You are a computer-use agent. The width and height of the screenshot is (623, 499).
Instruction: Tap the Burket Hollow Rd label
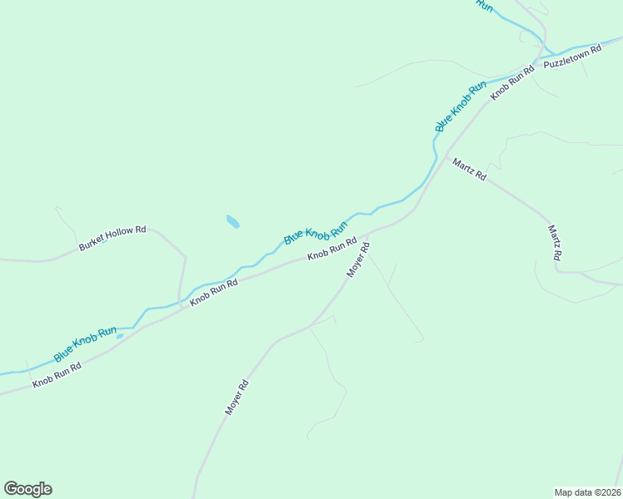(x=112, y=239)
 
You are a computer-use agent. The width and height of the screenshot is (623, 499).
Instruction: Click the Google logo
(x=27, y=489)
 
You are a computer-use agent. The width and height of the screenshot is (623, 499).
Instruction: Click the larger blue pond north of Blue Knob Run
(x=233, y=222)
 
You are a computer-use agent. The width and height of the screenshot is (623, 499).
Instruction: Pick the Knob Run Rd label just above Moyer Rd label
(x=331, y=249)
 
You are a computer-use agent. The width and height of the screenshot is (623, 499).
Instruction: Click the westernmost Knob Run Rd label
(x=57, y=375)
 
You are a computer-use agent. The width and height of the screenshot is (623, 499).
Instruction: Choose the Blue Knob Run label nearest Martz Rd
(x=461, y=106)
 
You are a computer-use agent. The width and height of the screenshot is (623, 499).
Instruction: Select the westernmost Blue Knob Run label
(x=85, y=343)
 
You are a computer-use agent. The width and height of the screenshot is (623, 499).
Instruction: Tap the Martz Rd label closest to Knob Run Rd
(x=469, y=170)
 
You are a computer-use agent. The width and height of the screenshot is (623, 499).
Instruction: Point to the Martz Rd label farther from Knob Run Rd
(x=553, y=243)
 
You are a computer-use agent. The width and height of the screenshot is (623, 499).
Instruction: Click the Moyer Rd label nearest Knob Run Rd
(x=357, y=260)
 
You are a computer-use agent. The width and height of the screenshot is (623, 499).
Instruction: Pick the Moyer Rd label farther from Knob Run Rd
(x=237, y=398)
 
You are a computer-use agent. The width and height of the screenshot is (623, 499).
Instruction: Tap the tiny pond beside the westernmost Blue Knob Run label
(x=120, y=336)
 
